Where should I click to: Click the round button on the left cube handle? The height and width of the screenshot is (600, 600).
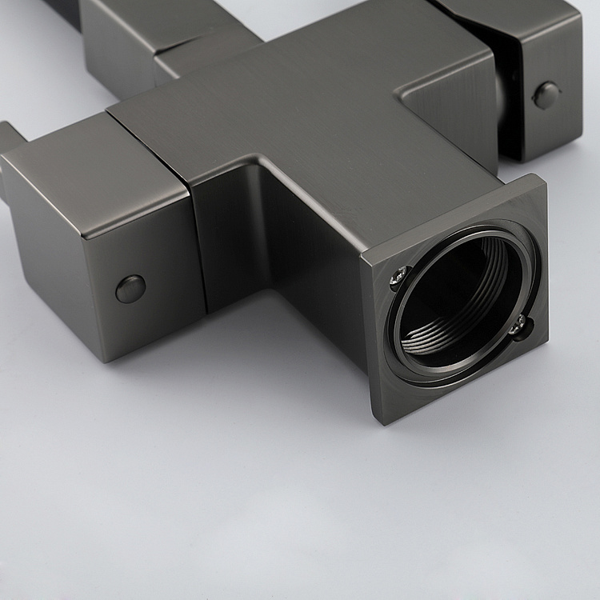coord(130,288)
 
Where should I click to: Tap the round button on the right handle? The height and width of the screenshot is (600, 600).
coord(547,94)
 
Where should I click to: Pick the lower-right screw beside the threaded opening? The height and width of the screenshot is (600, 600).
coord(521,324)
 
